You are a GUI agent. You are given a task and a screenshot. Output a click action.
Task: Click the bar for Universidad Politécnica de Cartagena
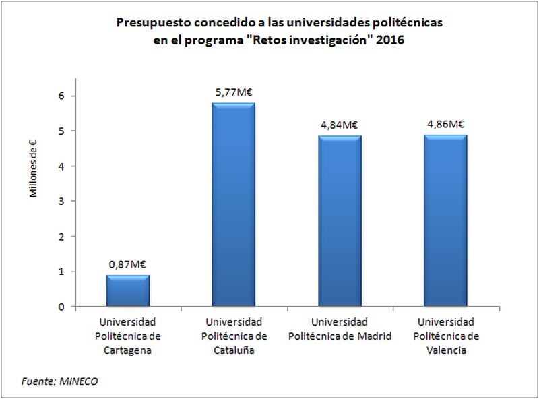[128, 290]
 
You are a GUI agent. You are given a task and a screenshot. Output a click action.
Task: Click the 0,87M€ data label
[128, 266]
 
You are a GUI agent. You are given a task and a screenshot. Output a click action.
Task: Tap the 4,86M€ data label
[445, 124]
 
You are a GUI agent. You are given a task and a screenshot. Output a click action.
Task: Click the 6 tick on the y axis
[61, 96]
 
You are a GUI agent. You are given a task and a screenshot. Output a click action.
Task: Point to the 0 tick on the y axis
[61, 307]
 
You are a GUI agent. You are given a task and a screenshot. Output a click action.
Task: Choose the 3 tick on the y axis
[61, 202]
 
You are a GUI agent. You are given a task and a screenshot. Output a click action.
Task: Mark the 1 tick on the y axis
[61, 272]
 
